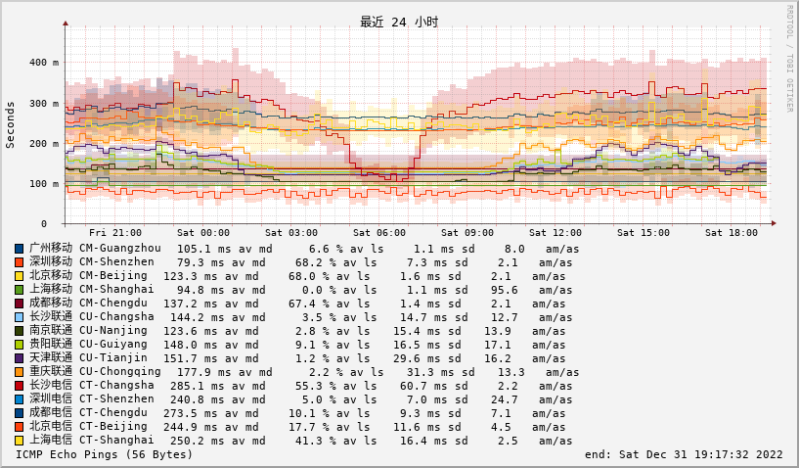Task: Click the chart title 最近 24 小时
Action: (399, 22)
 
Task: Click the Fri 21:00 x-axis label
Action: (114, 233)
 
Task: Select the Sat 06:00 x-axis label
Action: (379, 233)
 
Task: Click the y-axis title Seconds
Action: (11, 124)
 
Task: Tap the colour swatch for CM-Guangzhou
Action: (20, 249)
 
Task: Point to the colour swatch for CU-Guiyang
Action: (20, 345)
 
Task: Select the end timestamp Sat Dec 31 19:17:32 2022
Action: (684, 454)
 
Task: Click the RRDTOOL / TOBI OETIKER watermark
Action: (789, 59)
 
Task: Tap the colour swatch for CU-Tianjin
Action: (20, 358)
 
